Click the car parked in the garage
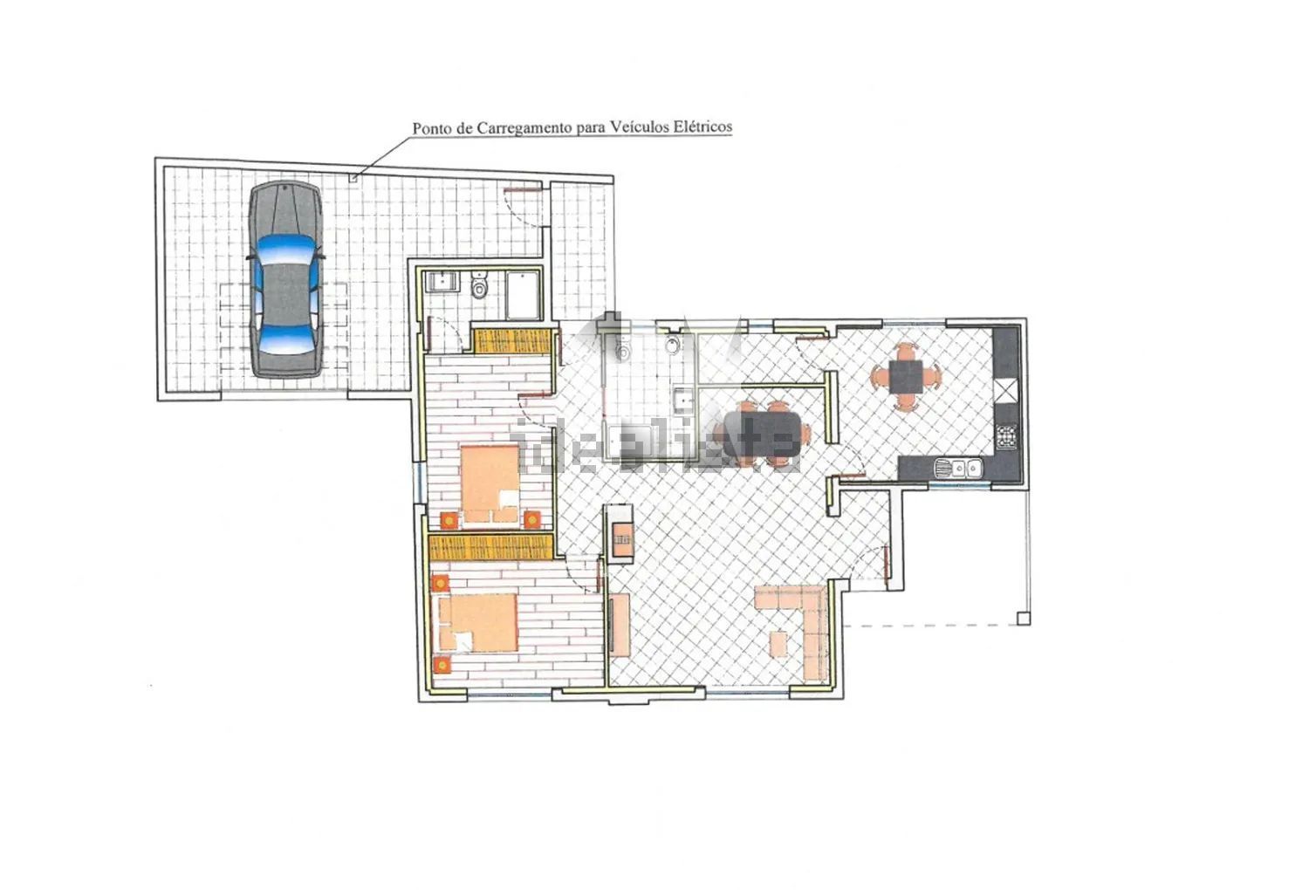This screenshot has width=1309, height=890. [x=285, y=279]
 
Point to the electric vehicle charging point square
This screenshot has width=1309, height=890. [x=353, y=178]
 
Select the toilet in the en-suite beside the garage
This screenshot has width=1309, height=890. [x=479, y=285]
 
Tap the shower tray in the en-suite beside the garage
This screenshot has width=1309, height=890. [x=523, y=295]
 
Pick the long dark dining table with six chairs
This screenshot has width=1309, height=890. [x=762, y=433]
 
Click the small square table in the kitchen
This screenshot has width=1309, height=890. [x=906, y=376]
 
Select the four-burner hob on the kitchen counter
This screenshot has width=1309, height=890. [x=1006, y=436]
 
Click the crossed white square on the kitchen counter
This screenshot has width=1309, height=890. [x=1006, y=391]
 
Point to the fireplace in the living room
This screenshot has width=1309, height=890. [x=620, y=533]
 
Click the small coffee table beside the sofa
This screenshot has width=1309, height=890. [x=778, y=644]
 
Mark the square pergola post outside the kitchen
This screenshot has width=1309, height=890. [x=1024, y=619]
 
